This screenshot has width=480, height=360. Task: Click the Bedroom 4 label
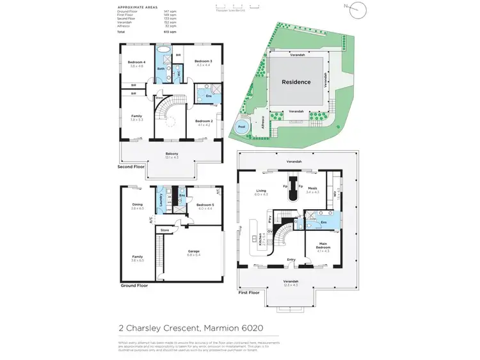(x=136, y=62)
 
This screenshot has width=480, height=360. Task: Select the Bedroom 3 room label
(x=204, y=61)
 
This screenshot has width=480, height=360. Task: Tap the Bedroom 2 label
(x=204, y=121)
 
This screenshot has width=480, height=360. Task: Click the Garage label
(x=194, y=252)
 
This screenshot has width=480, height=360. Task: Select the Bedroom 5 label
(x=205, y=206)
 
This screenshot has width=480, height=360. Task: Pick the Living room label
(x=261, y=190)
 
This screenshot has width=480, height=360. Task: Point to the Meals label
(x=312, y=189)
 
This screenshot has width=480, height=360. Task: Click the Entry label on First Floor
(x=291, y=259)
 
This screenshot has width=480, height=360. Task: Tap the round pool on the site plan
(x=241, y=127)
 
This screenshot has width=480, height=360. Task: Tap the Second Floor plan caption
(x=132, y=166)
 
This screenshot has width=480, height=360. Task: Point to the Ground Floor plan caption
(x=133, y=285)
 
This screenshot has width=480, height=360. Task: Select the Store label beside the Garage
(x=164, y=230)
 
